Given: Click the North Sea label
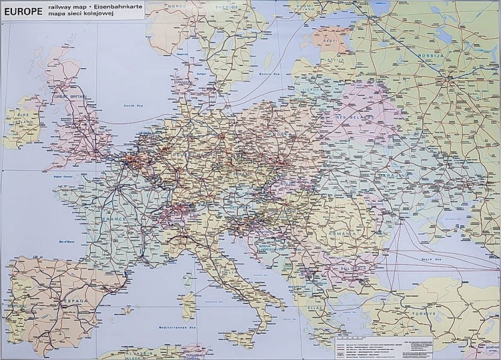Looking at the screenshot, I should coord(134,106).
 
